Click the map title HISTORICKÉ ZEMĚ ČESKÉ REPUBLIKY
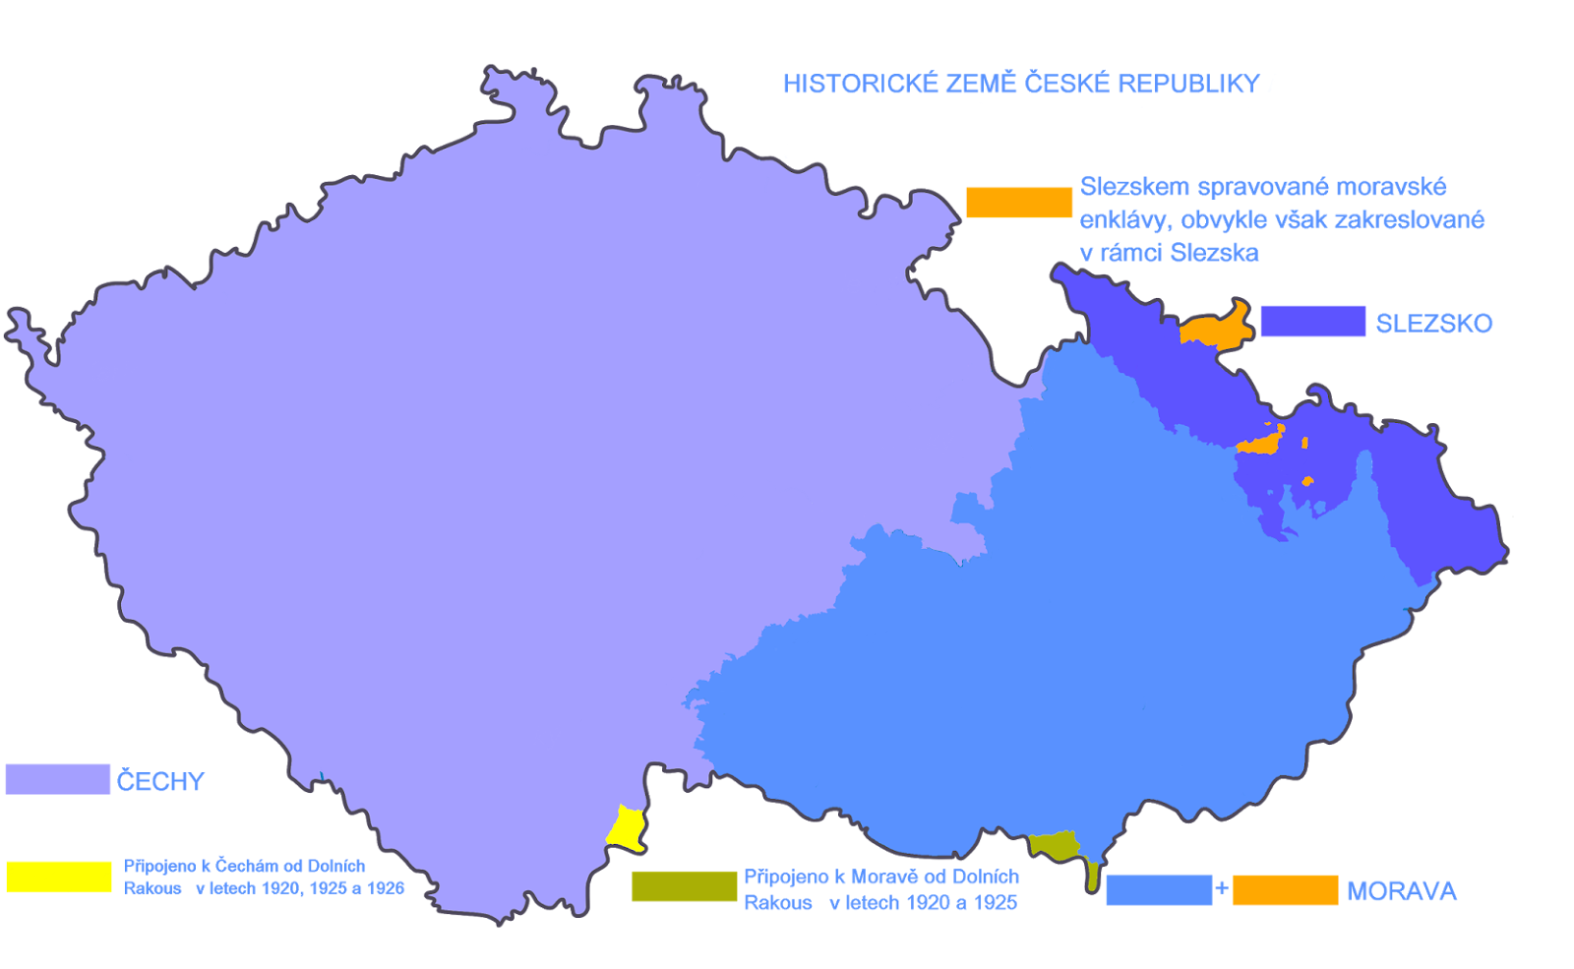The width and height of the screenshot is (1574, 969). pos(1021,84)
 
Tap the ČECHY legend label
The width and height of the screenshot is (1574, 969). pos(160,781)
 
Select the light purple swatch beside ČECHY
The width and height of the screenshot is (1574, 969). pos(57,779)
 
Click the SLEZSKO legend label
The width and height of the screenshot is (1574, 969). pos(1433,324)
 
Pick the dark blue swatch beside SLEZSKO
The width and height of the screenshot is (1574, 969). pos(1312,322)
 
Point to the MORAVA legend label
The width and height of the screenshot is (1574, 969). pos(1401,891)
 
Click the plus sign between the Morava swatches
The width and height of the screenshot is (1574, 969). pos(1222,888)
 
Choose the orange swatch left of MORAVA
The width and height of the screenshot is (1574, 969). pos(1285,890)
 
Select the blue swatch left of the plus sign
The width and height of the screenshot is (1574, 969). pos(1159,890)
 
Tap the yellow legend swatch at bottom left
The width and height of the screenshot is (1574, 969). pos(59,878)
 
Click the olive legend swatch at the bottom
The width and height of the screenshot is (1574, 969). pos(684,886)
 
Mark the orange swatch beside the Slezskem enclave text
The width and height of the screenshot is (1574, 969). pos(1018,202)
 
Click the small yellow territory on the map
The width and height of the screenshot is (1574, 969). pos(626,827)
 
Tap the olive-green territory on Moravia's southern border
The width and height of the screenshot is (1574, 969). pos(1056,845)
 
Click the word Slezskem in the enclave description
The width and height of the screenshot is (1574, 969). pos(1134,187)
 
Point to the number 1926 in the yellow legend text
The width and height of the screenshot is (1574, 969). pos(385,888)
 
